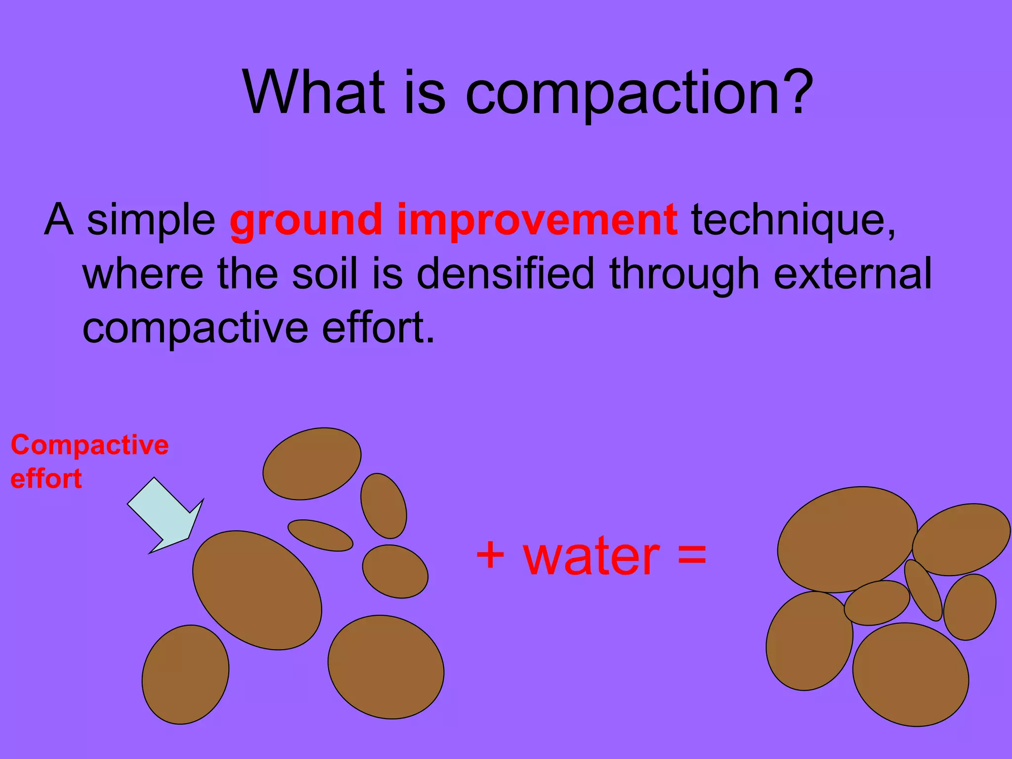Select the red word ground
click(x=306, y=221)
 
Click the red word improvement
click(x=537, y=221)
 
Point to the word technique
click(x=793, y=221)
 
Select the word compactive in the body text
click(x=196, y=329)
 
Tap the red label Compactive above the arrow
click(x=90, y=445)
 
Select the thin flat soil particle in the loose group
click(x=320, y=535)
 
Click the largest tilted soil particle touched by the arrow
click(x=257, y=590)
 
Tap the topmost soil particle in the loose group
click(x=312, y=464)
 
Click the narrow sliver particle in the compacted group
click(x=923, y=590)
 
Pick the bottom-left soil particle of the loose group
click(x=185, y=675)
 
